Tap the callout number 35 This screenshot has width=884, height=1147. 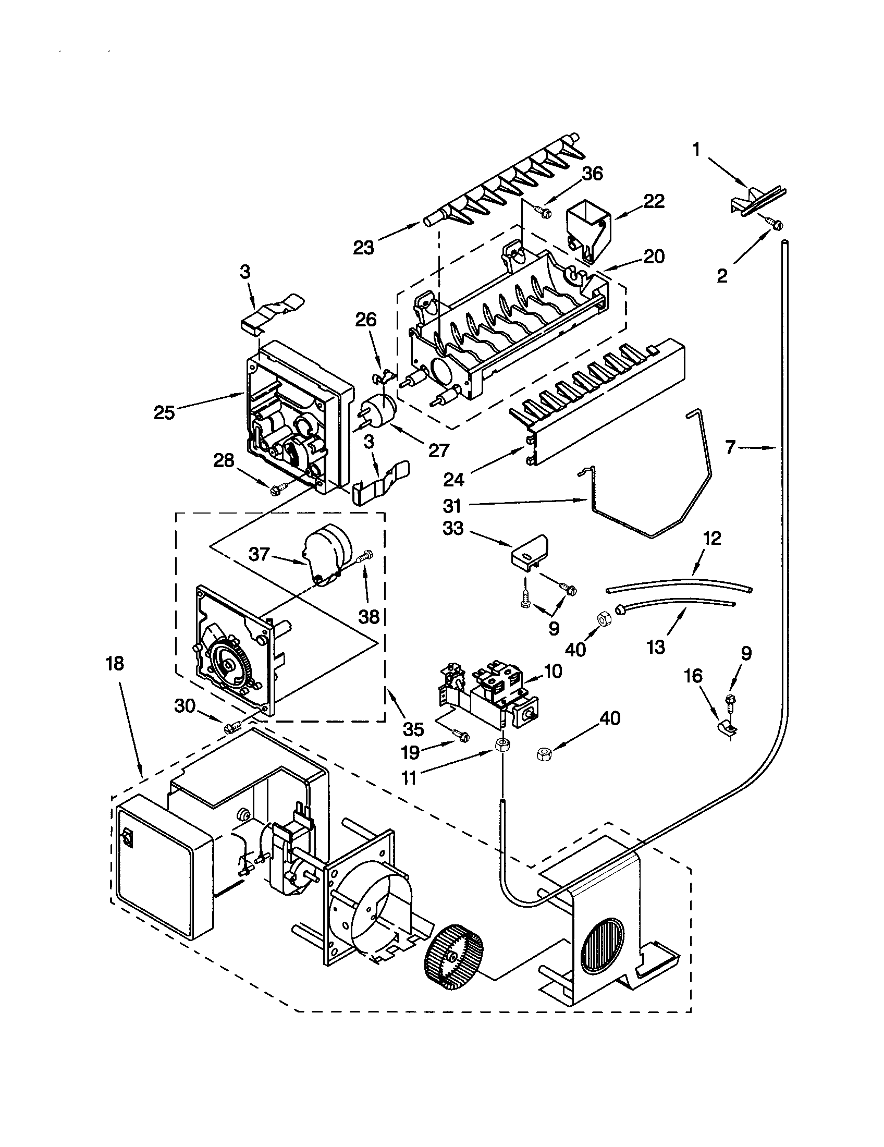pos(413,729)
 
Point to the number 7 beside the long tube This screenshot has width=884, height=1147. pos(731,448)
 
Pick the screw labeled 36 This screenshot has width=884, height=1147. pos(543,211)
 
